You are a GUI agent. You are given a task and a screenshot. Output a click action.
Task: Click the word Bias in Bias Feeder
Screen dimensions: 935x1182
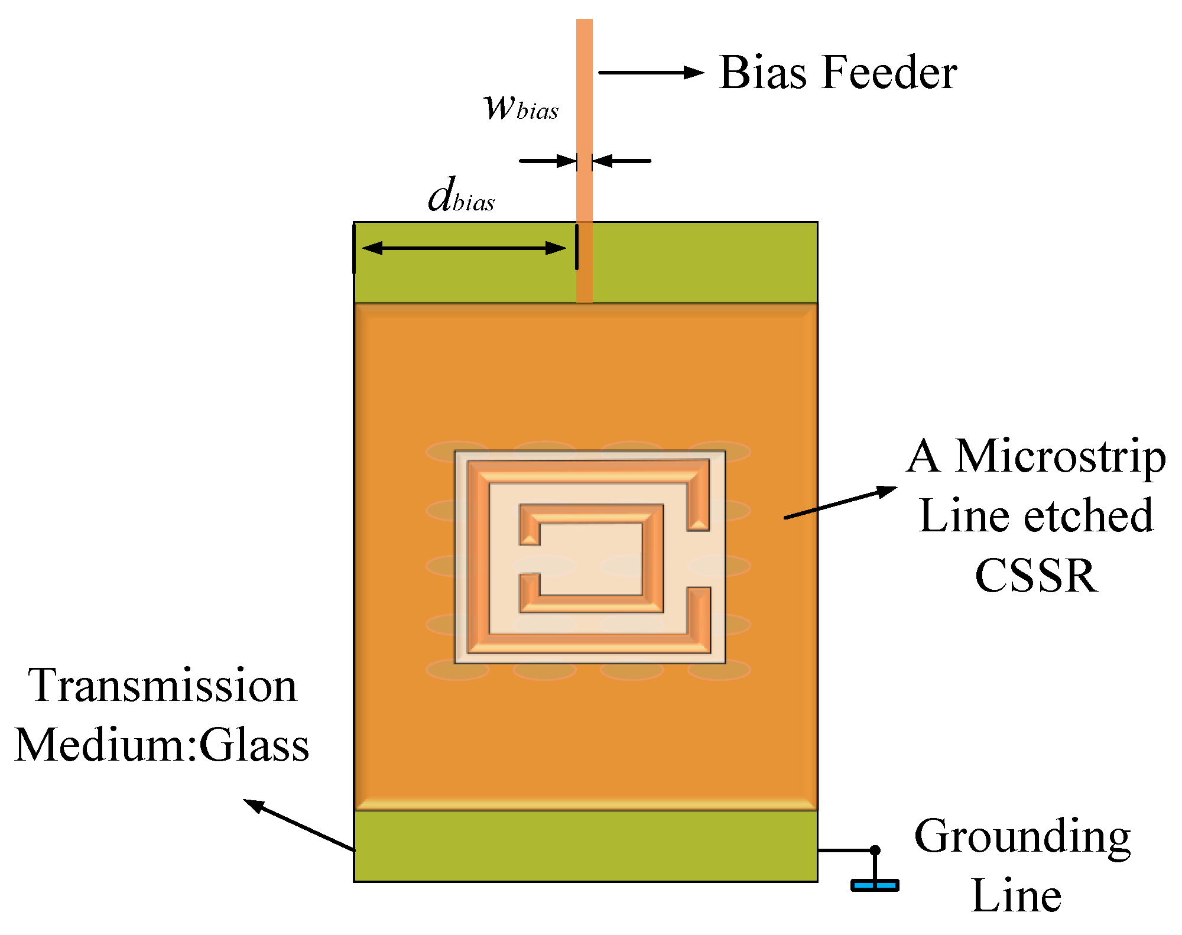point(763,73)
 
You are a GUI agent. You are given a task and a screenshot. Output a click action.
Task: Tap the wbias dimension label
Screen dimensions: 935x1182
point(521,108)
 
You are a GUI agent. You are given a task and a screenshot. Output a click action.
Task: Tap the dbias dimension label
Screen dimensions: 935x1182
point(462,196)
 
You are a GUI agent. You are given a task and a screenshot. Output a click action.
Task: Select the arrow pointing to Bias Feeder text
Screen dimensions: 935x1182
point(650,73)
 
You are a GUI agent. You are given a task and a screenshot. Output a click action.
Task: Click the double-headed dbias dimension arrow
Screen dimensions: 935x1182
point(464,248)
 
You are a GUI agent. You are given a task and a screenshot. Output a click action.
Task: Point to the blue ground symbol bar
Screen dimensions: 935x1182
point(875,885)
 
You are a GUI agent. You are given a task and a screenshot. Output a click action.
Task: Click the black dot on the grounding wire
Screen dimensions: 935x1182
point(875,850)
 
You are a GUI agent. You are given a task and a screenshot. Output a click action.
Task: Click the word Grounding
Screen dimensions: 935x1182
point(1022,838)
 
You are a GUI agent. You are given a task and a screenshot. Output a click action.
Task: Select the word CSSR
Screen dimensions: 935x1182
point(1036,576)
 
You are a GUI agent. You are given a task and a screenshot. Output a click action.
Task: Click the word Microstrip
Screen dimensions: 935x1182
point(1060,456)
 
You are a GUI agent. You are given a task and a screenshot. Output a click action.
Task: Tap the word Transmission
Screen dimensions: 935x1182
point(163,686)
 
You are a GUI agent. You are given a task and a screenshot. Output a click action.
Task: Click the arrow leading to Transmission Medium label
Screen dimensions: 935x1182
point(298,825)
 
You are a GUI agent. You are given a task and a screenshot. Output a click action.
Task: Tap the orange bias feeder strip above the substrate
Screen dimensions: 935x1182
point(584,118)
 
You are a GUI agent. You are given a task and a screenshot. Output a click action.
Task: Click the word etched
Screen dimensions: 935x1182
point(1088,516)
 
